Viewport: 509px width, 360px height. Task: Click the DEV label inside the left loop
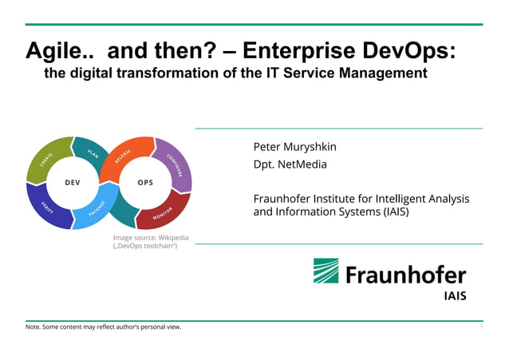click(73, 183)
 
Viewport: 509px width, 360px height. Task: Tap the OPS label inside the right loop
click(145, 183)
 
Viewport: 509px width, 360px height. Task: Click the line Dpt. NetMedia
click(290, 165)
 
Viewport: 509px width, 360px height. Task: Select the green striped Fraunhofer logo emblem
click(327, 271)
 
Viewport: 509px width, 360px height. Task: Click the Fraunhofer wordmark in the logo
click(405, 275)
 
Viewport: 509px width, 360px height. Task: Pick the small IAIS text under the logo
click(455, 296)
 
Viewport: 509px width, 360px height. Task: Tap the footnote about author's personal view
click(104, 327)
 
